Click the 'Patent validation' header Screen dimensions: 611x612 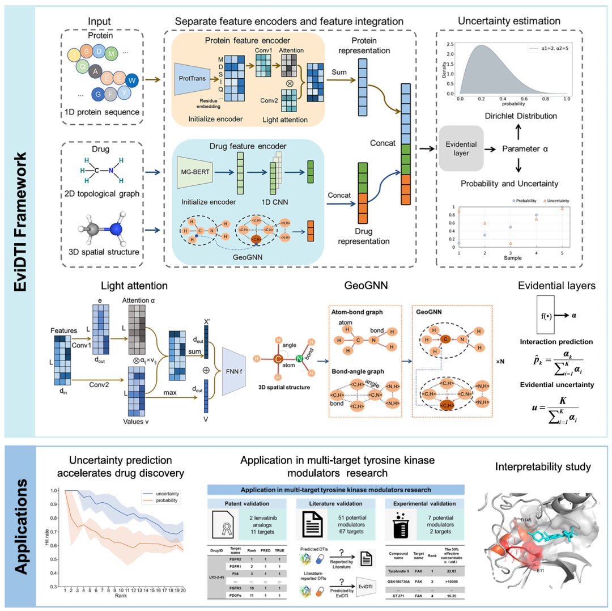(246, 503)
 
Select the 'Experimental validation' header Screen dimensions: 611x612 (423, 503)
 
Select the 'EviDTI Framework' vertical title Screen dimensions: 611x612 (21, 217)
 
